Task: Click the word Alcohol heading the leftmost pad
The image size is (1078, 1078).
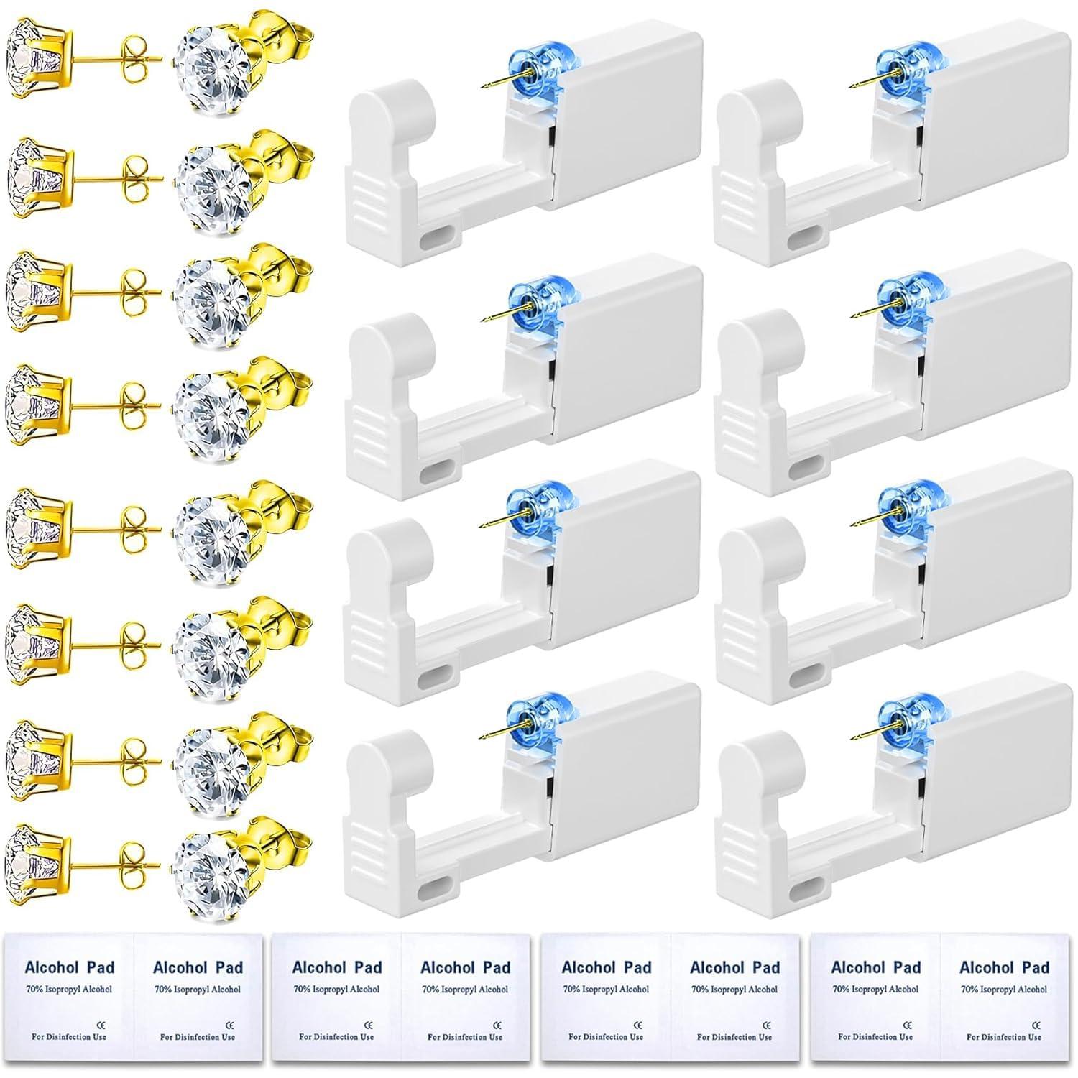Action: [50, 967]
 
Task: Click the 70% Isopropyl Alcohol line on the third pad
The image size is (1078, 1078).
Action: [336, 989]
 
